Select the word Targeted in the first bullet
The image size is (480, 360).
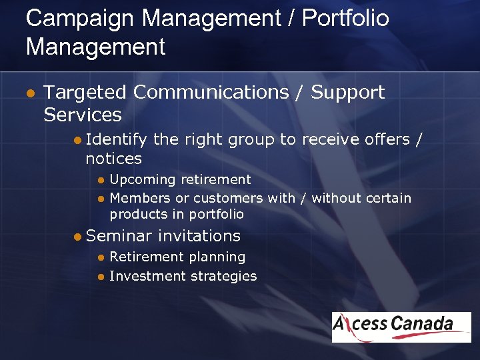[x=84, y=92]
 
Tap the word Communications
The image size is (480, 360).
[x=211, y=92]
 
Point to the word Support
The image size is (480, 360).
[x=347, y=92]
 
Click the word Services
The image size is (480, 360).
[x=83, y=115]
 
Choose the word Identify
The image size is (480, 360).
[x=117, y=139]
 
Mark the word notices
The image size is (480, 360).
[x=113, y=159]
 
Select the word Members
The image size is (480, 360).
[x=140, y=198]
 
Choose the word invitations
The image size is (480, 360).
[x=199, y=236]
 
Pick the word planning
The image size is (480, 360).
[x=214, y=257]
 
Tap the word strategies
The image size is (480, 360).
[x=222, y=276]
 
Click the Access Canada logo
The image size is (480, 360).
[x=401, y=327]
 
